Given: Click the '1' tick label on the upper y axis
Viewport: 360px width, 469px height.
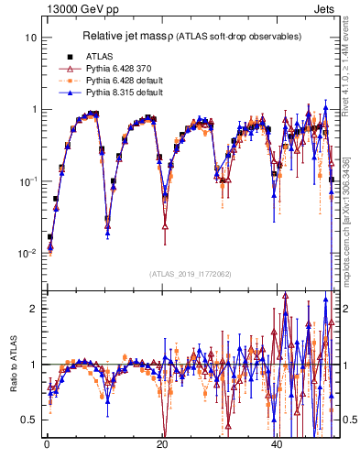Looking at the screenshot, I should pos(35,109).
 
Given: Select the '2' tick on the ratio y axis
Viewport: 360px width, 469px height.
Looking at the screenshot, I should pos(35,309).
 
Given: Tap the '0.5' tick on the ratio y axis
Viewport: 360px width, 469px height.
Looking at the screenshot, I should pos(31,420).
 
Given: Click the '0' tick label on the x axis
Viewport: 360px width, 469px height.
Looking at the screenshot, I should pos(47,443).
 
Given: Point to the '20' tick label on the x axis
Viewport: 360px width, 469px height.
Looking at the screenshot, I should pos(162,443).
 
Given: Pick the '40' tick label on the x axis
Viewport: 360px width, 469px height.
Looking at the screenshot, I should pos(277,443).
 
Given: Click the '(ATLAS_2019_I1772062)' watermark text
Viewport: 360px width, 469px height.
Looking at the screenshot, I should pos(191,274).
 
